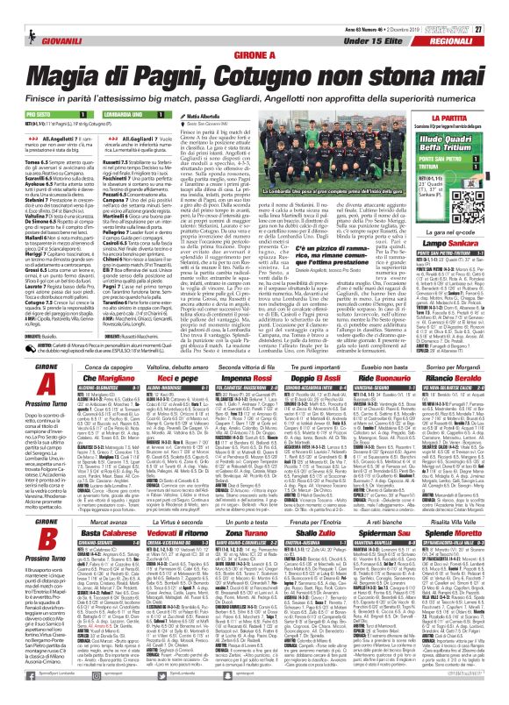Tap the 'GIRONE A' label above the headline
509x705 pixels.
254,53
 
